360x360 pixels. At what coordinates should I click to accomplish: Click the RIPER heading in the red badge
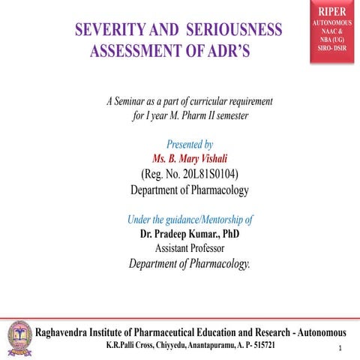332,12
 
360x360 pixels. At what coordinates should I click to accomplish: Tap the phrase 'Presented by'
190,144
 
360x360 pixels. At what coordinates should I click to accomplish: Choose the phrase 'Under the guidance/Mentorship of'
190,220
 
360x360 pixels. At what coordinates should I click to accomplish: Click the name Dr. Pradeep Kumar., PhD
189,234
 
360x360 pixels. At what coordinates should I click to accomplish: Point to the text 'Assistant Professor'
189,248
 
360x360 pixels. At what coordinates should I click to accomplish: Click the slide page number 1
340,349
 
